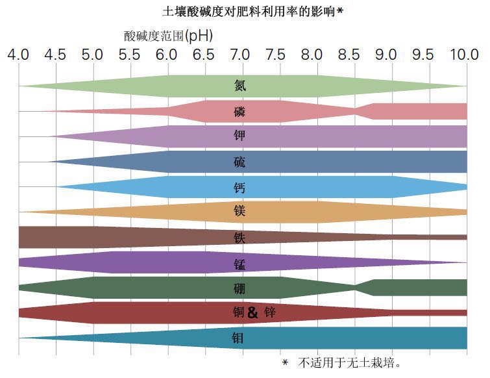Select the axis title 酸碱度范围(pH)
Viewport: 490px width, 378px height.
point(168,36)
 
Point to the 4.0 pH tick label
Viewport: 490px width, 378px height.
point(18,55)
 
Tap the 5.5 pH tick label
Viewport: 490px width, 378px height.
point(130,55)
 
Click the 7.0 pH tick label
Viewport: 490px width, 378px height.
point(242,55)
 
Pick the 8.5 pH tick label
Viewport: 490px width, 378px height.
point(354,55)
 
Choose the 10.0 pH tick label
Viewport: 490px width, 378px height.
point(463,55)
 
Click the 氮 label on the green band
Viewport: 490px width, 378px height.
point(240,85)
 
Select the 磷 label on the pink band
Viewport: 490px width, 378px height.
point(240,111)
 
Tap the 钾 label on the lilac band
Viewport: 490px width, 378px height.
point(240,136)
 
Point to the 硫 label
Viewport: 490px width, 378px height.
point(240,162)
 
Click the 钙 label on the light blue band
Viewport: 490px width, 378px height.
point(240,187)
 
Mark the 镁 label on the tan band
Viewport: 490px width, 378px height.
point(240,212)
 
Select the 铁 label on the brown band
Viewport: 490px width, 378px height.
point(240,238)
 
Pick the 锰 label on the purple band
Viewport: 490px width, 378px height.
point(240,262)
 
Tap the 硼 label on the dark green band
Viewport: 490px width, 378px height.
point(240,288)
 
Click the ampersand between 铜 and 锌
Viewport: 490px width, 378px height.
point(252,313)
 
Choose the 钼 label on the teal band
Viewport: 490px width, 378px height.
point(239,338)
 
